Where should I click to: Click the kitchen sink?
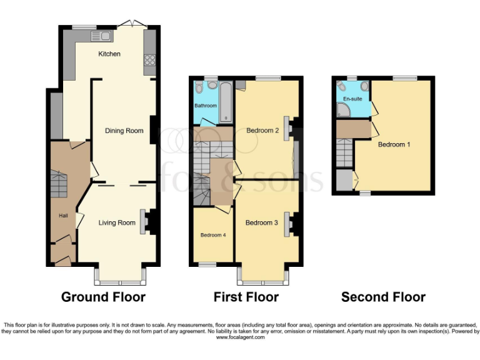click(99, 35)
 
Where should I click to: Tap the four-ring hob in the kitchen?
click(150, 60)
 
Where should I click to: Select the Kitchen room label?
click(109, 54)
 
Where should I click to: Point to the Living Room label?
click(117, 222)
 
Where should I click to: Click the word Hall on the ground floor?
click(63, 216)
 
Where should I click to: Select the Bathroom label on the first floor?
click(205, 106)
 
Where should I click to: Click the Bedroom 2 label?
click(262, 131)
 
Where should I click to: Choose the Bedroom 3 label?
click(261, 222)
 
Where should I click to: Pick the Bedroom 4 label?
click(212, 235)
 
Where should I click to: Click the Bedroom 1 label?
click(394, 144)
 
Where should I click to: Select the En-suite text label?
click(352, 99)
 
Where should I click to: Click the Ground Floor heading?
click(103, 297)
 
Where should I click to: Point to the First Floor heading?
click(246, 297)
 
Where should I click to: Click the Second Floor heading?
click(383, 297)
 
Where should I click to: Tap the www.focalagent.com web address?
click(240, 337)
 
